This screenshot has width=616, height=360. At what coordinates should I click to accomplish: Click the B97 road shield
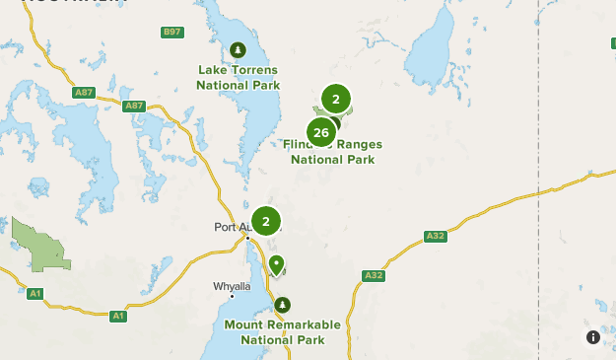click(x=172, y=33)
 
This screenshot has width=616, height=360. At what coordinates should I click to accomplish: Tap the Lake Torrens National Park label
click(x=238, y=77)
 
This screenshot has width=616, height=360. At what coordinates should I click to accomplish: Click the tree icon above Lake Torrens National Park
click(x=237, y=49)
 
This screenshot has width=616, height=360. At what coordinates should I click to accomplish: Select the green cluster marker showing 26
click(x=320, y=132)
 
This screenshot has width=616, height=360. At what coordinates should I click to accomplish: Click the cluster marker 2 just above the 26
click(x=336, y=99)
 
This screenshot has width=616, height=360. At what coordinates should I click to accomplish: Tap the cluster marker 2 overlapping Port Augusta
click(x=265, y=221)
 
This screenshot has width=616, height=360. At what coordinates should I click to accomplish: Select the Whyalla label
click(x=233, y=286)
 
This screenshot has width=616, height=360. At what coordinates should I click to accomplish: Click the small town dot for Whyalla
click(x=233, y=295)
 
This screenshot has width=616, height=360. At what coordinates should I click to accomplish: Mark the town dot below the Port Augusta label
click(x=247, y=238)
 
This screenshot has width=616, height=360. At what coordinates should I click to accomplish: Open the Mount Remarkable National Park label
click(x=282, y=331)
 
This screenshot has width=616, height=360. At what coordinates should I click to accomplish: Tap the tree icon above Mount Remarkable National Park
click(x=283, y=305)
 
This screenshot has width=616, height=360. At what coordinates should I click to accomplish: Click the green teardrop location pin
click(x=276, y=264)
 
